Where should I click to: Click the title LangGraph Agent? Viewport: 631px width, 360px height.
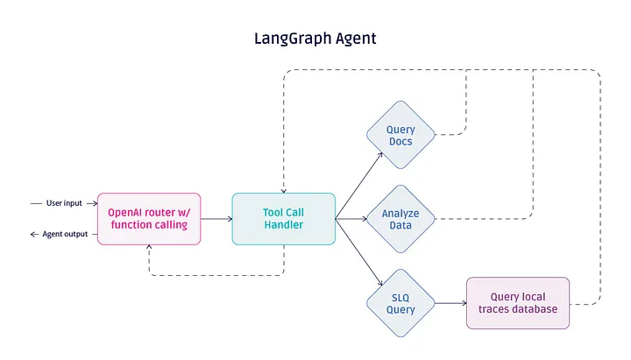[315, 39]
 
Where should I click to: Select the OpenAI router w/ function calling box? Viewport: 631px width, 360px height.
[148, 218]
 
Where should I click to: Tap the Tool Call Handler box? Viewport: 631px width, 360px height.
[283, 218]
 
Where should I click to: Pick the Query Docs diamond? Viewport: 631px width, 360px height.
[401, 136]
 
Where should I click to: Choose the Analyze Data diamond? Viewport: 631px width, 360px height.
[401, 219]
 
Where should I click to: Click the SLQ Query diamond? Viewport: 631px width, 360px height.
[401, 303]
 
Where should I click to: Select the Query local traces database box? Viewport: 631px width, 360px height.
[517, 303]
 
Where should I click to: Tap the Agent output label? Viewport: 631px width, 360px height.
[64, 235]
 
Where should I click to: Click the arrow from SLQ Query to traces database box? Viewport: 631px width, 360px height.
[450, 303]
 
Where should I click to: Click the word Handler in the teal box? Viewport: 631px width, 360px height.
[283, 226]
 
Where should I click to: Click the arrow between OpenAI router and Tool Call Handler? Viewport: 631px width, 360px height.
[216, 219]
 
